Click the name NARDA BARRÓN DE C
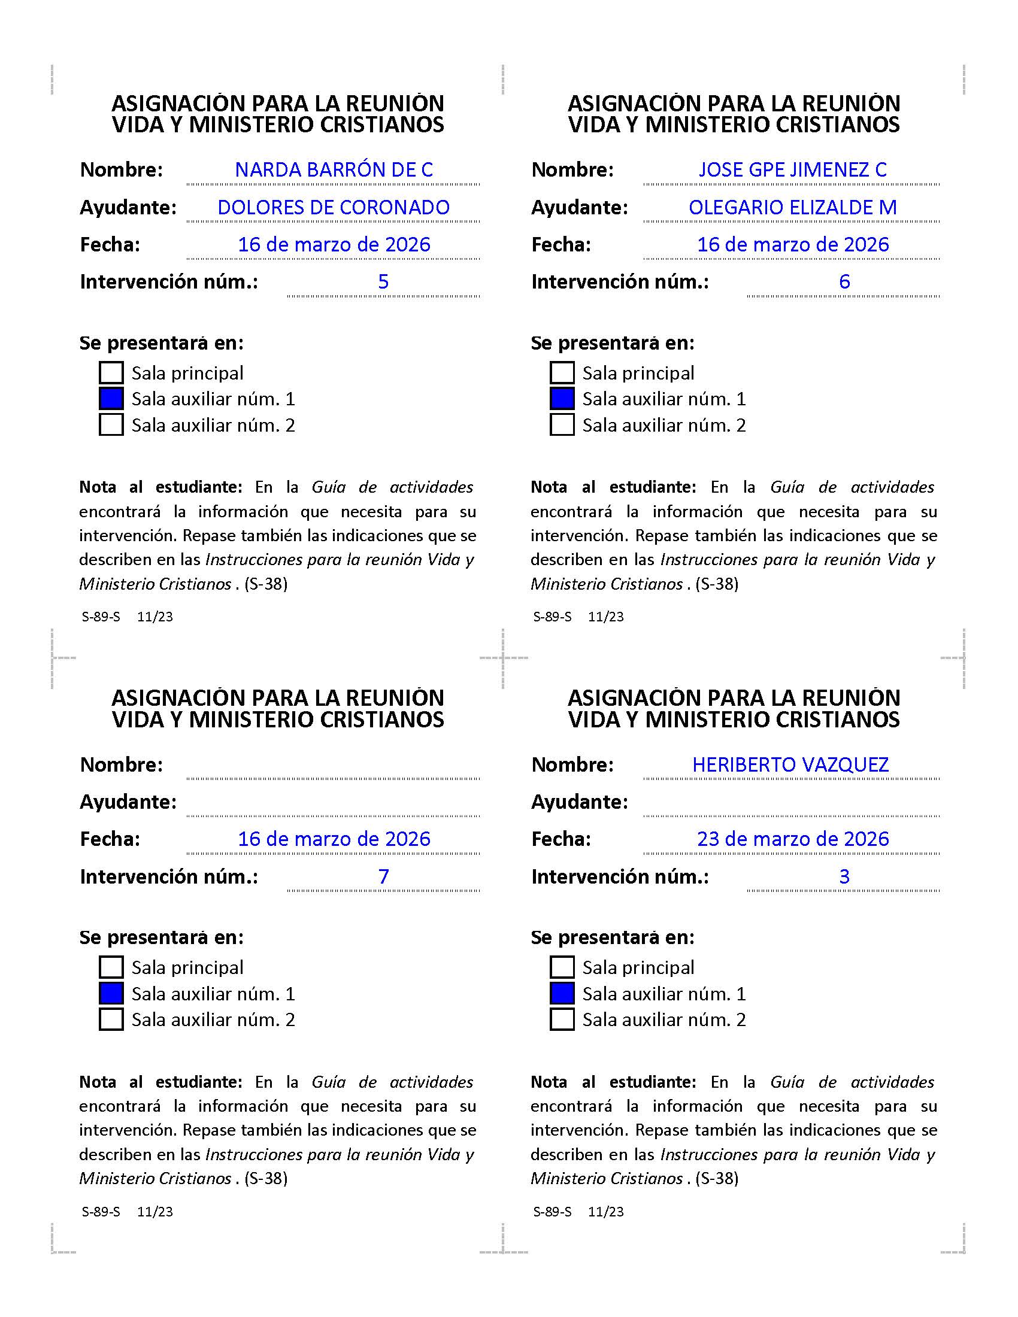pos(334,170)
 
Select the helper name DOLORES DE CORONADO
pos(334,208)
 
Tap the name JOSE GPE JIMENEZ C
pos(792,170)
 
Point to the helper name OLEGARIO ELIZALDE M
pos(792,208)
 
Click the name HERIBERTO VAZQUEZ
pos(790,764)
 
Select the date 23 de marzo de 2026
pos(792,839)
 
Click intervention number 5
pos(383,281)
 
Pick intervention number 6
pos(844,281)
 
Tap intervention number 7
pos(383,876)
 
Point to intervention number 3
pos(844,876)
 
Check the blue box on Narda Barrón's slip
pos(111,399)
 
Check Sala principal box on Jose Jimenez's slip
pos(562,373)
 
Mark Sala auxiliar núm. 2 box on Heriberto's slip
pos(562,1019)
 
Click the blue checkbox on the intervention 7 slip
pos(111,993)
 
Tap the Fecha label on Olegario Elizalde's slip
pos(561,245)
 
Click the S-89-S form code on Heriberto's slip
pos(553,1212)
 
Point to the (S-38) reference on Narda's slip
pos(266,584)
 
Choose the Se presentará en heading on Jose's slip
pos(612,343)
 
